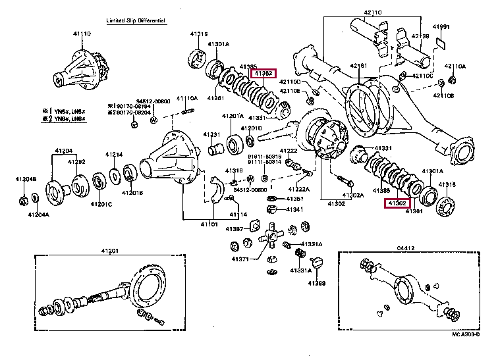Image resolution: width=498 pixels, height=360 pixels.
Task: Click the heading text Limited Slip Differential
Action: [136, 21]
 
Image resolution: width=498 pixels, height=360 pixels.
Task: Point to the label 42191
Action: [441, 27]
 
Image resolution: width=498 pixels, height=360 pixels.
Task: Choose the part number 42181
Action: [358, 66]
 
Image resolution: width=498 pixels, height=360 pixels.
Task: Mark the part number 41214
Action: [113, 155]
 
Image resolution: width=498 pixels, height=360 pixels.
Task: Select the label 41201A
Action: [233, 116]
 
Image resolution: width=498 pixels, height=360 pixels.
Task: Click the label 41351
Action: [294, 198]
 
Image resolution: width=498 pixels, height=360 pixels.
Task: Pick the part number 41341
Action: [294, 209]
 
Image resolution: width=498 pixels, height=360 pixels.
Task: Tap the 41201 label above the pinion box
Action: [109, 250]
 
